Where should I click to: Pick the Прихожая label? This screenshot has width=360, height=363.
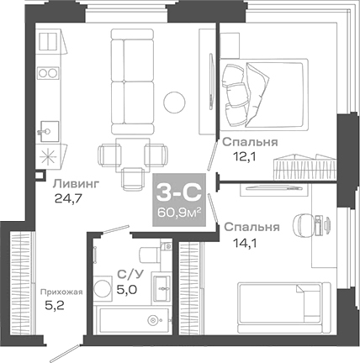pos(60,292)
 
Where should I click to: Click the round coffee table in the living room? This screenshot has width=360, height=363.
pos(175,101)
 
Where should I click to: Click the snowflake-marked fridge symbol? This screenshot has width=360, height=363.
pos(47,158)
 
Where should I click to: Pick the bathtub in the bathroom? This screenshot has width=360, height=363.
pos(135,321)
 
